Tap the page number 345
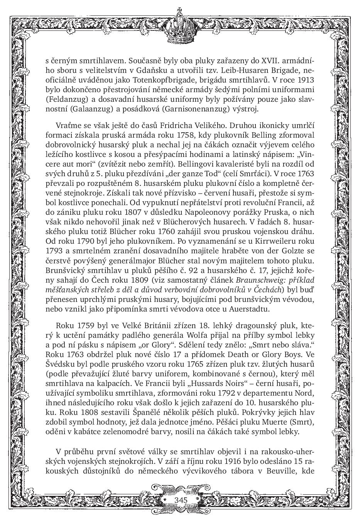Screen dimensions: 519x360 point(181,500)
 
